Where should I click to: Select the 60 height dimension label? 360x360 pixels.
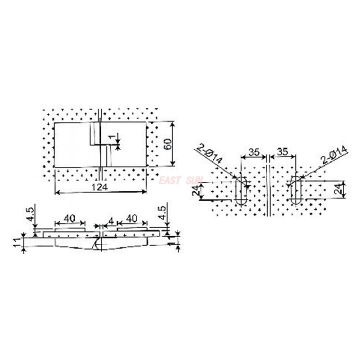[168, 144]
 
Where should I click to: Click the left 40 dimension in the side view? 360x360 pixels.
[69, 218]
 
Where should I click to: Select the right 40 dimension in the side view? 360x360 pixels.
[131, 218]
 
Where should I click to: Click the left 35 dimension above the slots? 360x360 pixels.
[254, 152]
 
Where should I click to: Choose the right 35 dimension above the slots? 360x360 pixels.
[283, 152]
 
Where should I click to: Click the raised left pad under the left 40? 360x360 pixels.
[69, 229]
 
